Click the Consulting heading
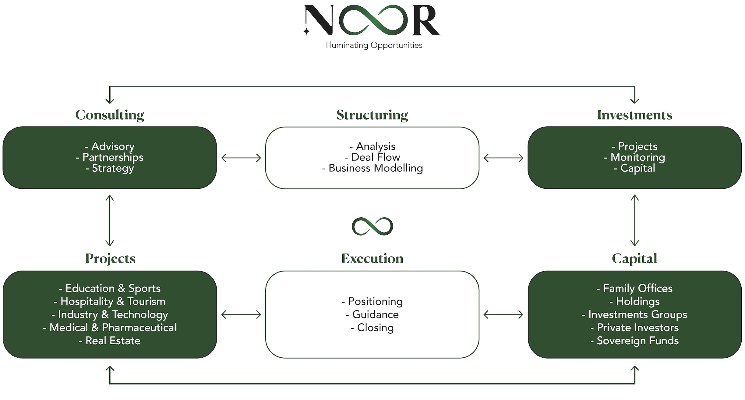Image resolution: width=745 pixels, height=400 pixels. pyautogui.click(x=110, y=115)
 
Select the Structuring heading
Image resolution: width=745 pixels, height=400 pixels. pyautogui.click(x=372, y=115)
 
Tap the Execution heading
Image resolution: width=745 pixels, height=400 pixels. pyautogui.click(x=372, y=258)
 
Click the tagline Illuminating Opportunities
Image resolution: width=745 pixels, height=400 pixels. pyautogui.click(x=374, y=45)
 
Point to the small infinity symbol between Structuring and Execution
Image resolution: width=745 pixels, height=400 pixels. pyautogui.click(x=372, y=226)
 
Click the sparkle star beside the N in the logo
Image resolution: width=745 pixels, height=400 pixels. pyautogui.click(x=306, y=31)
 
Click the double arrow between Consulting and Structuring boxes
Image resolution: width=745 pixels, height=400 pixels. pyautogui.click(x=241, y=158)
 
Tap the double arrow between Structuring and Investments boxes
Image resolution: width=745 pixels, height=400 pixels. pyautogui.click(x=503, y=158)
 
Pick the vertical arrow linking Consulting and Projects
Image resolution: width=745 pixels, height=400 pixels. pyautogui.click(x=110, y=220)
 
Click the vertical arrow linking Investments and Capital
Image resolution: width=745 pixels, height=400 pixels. pyautogui.click(x=634, y=220)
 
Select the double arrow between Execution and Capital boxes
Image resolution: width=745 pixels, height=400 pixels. pyautogui.click(x=503, y=314)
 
